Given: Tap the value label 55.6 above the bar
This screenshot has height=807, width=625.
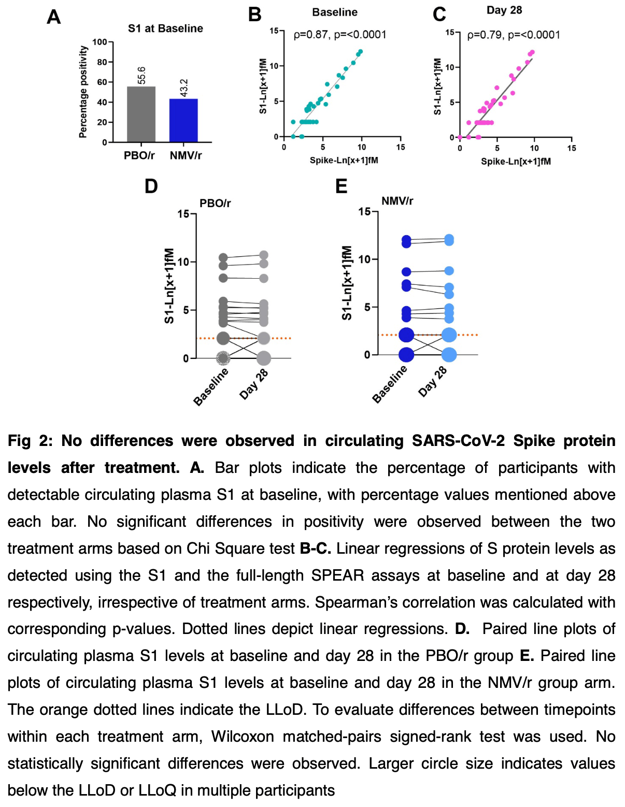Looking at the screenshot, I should pyautogui.click(x=141, y=75).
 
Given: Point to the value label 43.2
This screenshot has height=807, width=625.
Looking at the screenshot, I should pyautogui.click(x=184, y=88).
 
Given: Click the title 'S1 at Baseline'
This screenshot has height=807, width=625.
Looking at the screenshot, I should pyautogui.click(x=165, y=28).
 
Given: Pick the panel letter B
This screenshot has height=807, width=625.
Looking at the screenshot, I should pyautogui.click(x=254, y=15).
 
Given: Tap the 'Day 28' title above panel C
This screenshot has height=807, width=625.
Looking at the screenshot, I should pyautogui.click(x=504, y=10).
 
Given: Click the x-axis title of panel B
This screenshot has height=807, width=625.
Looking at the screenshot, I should pyautogui.click(x=344, y=161).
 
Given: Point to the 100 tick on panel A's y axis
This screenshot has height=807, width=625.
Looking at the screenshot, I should pyautogui.click(x=100, y=42).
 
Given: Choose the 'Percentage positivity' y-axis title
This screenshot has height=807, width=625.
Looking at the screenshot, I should pyautogui.click(x=83, y=92).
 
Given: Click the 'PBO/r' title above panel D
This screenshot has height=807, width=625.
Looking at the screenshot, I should pyautogui.click(x=215, y=203).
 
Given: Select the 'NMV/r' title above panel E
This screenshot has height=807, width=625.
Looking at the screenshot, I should pyautogui.click(x=397, y=201).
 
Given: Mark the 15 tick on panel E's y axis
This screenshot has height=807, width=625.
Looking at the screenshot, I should pyautogui.click(x=364, y=211).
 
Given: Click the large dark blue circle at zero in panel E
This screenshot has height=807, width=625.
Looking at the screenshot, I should pyautogui.click(x=406, y=355).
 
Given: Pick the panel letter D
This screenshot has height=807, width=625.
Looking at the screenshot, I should pyautogui.click(x=151, y=186).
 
